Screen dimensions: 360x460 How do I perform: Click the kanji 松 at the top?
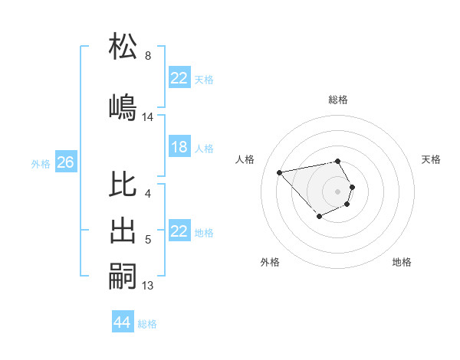(123, 47)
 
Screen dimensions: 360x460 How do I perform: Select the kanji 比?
(123, 185)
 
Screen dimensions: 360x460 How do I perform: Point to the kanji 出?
(123, 230)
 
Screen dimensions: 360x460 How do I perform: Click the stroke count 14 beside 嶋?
(148, 117)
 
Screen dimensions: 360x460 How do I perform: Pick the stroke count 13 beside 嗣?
(148, 286)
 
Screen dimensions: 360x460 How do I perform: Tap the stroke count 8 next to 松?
(148, 56)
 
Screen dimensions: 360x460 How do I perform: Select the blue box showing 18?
(179, 147)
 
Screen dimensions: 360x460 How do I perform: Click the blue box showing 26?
(65, 162)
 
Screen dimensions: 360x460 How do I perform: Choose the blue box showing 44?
(122, 322)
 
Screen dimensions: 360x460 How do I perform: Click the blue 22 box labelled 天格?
(179, 78)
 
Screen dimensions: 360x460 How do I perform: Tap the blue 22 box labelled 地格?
(179, 231)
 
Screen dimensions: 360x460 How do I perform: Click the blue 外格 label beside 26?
(41, 163)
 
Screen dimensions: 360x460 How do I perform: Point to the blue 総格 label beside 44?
(147, 324)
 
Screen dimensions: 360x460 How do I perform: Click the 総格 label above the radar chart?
(338, 100)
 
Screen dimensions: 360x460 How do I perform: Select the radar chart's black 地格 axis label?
(402, 262)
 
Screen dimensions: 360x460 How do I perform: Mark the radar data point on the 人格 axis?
(280, 172)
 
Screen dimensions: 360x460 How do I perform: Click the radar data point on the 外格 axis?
(318, 218)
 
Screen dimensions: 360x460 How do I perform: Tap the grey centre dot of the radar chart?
(338, 191)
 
